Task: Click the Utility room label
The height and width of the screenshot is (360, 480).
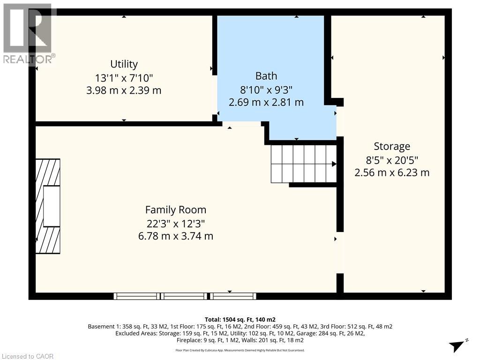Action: [124, 64]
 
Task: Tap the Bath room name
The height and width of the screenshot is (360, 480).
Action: [266, 76]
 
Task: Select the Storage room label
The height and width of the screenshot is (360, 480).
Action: [392, 146]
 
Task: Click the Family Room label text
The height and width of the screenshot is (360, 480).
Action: [175, 210]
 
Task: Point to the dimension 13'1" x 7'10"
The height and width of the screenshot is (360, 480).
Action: [124, 77]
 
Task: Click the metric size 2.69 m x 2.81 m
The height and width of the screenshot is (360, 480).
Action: [266, 102]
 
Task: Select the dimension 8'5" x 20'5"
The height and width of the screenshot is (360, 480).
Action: [392, 159]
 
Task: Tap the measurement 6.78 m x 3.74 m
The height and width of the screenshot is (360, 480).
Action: [175, 236]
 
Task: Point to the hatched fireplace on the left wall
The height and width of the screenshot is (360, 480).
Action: [48, 206]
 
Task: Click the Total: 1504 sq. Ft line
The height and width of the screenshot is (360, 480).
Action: [240, 319]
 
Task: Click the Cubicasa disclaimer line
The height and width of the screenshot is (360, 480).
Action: [240, 350]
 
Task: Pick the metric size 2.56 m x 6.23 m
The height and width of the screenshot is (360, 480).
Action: [392, 172]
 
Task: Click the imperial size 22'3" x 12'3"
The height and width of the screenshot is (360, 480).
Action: [175, 223]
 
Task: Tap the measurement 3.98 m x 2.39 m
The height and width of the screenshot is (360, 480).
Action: [124, 90]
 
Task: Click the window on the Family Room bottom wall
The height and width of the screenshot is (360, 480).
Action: [185, 296]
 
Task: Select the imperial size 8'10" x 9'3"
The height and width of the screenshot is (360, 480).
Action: [266, 89]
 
